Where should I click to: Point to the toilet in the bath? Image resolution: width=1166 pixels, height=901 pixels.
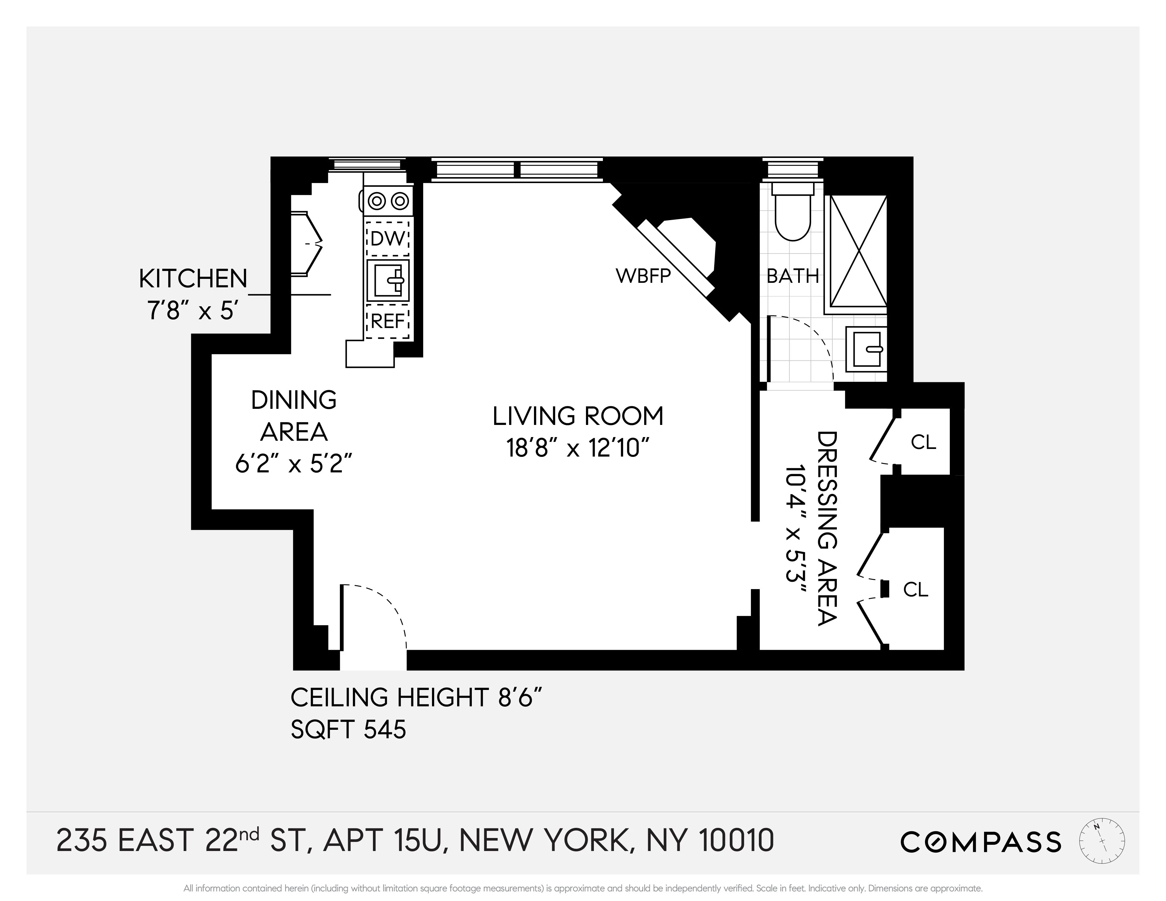[x=793, y=214]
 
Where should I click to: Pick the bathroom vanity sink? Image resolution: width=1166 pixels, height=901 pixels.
[x=866, y=349]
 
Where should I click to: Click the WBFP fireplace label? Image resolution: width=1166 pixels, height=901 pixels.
[x=643, y=276]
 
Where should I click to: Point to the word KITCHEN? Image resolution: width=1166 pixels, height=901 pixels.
[x=193, y=279]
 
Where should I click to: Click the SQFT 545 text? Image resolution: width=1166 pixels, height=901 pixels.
[x=348, y=729]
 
